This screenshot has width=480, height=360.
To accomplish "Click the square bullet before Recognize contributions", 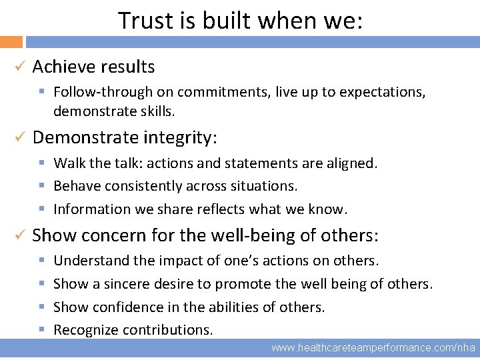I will click(41, 329).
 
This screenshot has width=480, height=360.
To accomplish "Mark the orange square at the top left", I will click(11, 41).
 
